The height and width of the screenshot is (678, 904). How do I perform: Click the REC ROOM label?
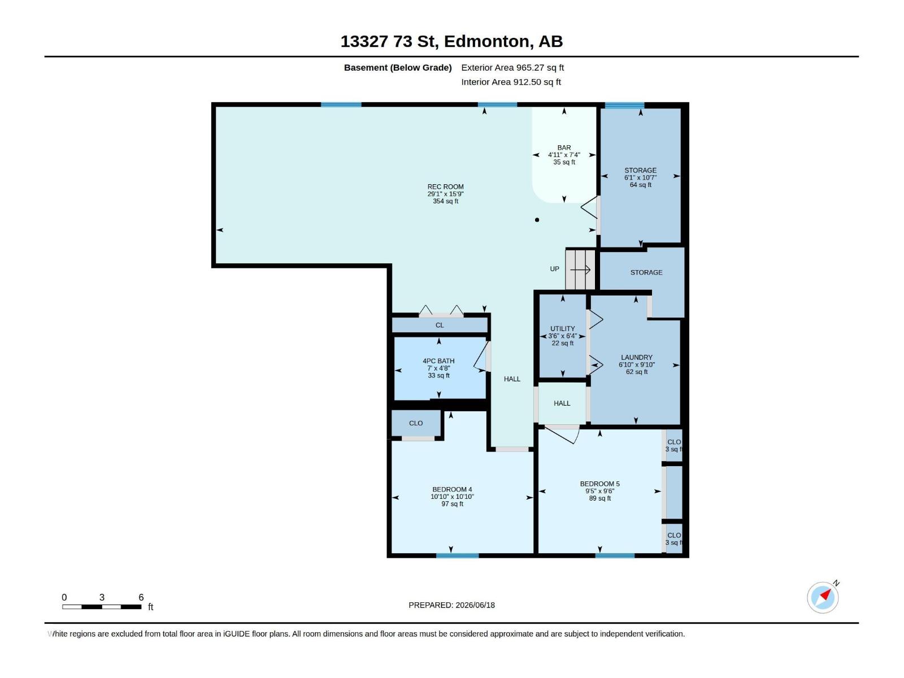[445, 186]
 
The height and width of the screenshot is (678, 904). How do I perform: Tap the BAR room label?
[564, 147]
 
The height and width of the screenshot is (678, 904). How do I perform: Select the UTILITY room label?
[562, 328]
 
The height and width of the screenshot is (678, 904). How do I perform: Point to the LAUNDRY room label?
[636, 357]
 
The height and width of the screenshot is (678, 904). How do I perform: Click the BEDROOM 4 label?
[452, 489]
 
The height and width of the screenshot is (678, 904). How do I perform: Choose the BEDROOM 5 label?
[599, 484]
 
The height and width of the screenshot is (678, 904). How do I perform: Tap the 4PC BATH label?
[438, 360]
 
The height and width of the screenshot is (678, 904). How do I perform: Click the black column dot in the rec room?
[537, 220]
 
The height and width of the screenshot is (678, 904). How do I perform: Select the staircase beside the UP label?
[580, 270]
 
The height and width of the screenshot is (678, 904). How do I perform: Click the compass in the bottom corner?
[823, 597]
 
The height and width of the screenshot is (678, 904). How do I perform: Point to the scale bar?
[102, 606]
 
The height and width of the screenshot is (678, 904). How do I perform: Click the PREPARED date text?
[451, 605]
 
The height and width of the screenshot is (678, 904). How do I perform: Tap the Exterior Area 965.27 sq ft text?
[512, 67]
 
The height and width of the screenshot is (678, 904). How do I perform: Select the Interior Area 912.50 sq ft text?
[511, 82]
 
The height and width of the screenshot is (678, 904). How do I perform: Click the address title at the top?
[451, 41]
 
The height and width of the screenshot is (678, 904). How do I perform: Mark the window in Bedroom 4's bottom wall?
[457, 555]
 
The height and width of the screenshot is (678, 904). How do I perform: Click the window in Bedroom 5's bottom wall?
[615, 555]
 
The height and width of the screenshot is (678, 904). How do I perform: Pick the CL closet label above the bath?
[440, 325]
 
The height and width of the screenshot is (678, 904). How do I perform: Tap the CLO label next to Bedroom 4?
[415, 423]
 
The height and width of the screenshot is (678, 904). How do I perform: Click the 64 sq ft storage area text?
[640, 184]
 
